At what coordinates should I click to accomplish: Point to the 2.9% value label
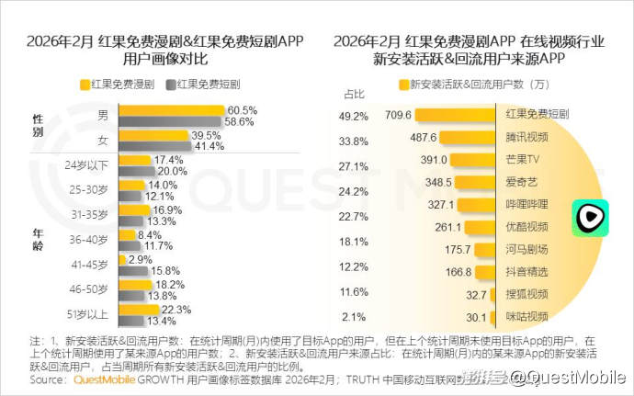tap(141, 261)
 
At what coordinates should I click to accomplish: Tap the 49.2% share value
tap(354, 117)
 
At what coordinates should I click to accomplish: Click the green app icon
tap(588, 217)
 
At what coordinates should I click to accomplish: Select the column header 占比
tap(354, 94)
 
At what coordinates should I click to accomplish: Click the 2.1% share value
tap(354, 317)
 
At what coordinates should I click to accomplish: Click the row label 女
tap(102, 140)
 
